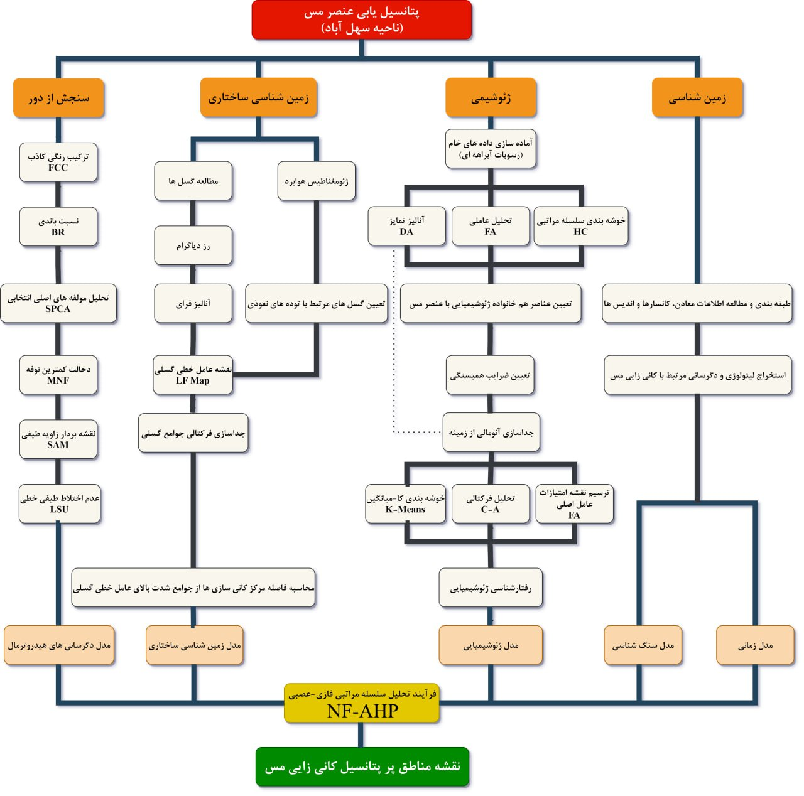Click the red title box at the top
point(361,20)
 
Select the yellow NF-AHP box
point(361,703)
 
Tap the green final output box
point(362,766)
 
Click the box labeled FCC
point(58,163)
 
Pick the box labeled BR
point(58,227)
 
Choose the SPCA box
point(58,303)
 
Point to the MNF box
point(58,375)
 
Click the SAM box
point(58,439)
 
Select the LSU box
point(60,503)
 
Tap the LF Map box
point(193,375)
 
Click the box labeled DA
point(406,226)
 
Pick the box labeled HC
point(580,226)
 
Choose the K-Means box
point(405,503)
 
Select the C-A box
point(490,503)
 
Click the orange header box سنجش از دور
point(58,98)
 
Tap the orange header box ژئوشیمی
point(491,98)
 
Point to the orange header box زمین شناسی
point(697,98)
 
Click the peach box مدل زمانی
point(755,645)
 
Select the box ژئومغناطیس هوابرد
point(317,181)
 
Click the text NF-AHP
point(362,711)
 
